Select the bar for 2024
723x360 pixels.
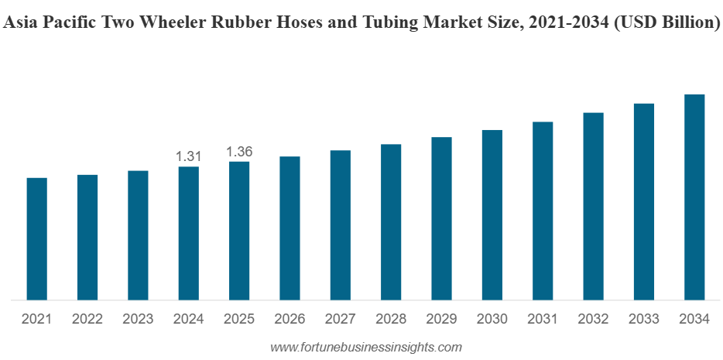(188, 233)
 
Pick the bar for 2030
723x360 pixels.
(492, 214)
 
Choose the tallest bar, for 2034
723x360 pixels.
(694, 197)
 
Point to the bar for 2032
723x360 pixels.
(593, 206)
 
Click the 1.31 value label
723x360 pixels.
(188, 156)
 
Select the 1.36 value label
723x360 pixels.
(239, 152)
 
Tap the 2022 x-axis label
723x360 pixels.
(87, 319)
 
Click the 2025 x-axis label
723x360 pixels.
(239, 319)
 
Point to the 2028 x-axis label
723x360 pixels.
(391, 319)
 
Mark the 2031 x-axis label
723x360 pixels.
(543, 319)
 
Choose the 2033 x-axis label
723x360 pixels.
(644, 319)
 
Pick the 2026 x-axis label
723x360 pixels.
(290, 319)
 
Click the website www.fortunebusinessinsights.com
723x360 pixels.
(365, 348)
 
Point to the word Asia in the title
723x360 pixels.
(20, 24)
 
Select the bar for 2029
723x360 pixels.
(441, 218)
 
